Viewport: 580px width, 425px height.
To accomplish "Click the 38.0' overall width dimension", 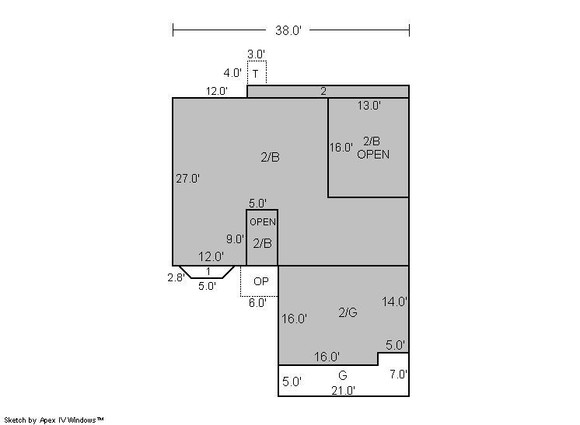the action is coord(288,30).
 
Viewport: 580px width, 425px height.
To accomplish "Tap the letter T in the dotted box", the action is coord(256,74).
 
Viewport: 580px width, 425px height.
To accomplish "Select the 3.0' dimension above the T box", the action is coord(256,54).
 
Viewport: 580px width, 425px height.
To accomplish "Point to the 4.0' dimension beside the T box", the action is coord(232,73).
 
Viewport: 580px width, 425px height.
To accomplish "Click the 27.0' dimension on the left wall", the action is coord(187,179).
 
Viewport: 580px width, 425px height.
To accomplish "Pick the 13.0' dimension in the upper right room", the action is coord(369,106).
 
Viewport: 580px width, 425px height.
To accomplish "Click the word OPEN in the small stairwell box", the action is coord(263,222).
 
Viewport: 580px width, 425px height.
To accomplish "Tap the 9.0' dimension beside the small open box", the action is coord(236,239).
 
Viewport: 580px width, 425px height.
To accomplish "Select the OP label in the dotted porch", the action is coord(260,281).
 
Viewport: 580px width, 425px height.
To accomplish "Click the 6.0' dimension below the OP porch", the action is coord(257,303).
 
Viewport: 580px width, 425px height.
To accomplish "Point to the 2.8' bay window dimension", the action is coord(176,277).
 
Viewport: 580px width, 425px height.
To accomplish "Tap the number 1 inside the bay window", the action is coord(208,272).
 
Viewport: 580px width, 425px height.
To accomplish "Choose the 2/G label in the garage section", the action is coord(348,312).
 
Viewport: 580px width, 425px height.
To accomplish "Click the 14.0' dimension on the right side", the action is coord(394,302).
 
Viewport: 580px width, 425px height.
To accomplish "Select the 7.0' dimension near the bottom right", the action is coord(398,374).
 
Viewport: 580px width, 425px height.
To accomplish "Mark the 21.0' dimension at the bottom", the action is coord(344,390).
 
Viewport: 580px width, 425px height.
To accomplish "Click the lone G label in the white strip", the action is coord(343,375).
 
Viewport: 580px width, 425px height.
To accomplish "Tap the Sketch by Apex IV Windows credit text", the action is coord(54,420).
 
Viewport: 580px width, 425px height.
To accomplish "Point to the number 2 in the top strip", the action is coord(323,92).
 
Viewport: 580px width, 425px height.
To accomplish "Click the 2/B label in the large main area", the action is coord(270,158).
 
